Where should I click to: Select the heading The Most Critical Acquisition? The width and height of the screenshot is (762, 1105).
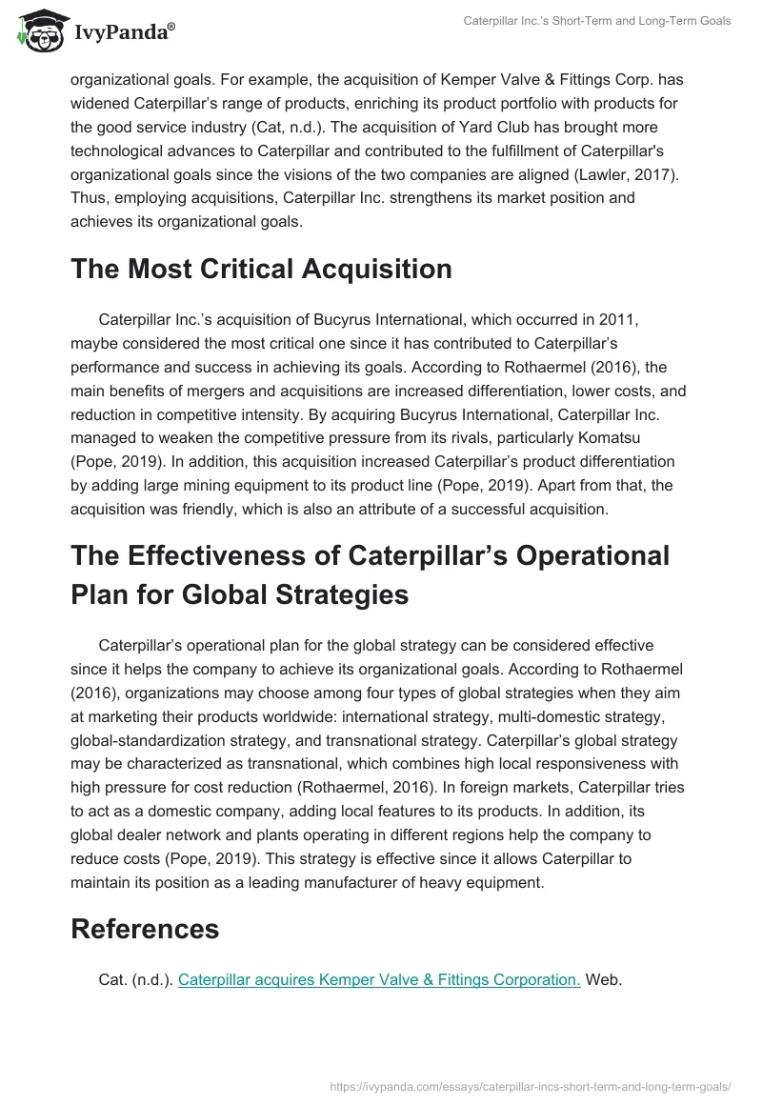click(261, 270)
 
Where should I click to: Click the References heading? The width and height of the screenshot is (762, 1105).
click(145, 929)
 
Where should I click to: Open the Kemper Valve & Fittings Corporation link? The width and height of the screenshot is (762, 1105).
click(379, 978)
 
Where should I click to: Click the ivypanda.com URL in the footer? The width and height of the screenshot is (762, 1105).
click(531, 1085)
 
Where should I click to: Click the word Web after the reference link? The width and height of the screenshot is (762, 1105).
click(603, 978)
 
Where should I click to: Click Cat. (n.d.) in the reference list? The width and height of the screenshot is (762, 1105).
click(135, 978)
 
